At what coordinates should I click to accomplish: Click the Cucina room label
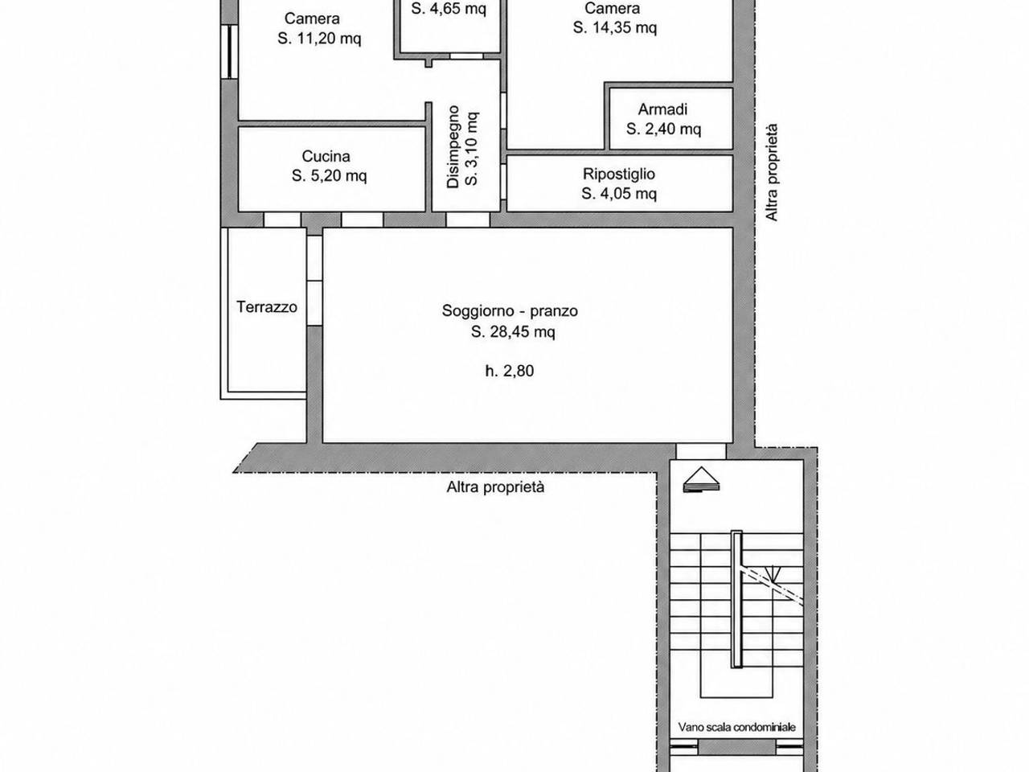pyautogui.click(x=326, y=156)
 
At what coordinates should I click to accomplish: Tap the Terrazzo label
pyautogui.click(x=267, y=307)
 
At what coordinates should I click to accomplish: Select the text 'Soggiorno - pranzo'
pyautogui.click(x=510, y=310)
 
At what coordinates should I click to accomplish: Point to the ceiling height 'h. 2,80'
pyautogui.click(x=510, y=372)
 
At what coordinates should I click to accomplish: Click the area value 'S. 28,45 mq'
pyautogui.click(x=513, y=332)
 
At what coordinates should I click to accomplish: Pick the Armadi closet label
pyautogui.click(x=663, y=109)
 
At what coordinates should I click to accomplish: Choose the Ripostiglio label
pyautogui.click(x=619, y=174)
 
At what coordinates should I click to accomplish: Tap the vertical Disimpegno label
pyautogui.click(x=453, y=146)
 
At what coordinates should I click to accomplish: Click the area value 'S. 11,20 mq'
pyautogui.click(x=319, y=39)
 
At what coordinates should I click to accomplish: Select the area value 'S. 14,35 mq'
pyautogui.click(x=615, y=27)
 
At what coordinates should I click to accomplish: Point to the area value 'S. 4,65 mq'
pyautogui.click(x=449, y=8)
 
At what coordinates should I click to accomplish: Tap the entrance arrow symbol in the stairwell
pyautogui.click(x=701, y=479)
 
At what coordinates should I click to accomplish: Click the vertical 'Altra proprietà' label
pyautogui.click(x=772, y=172)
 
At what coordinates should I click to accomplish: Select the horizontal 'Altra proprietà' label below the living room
pyautogui.click(x=495, y=487)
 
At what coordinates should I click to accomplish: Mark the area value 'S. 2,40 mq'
pyautogui.click(x=664, y=129)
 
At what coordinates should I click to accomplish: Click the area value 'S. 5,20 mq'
pyautogui.click(x=329, y=176)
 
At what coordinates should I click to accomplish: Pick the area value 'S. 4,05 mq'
pyautogui.click(x=619, y=194)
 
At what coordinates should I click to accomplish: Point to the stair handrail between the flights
pyautogui.click(x=737, y=599)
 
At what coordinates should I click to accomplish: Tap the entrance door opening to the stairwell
pyautogui.click(x=701, y=451)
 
